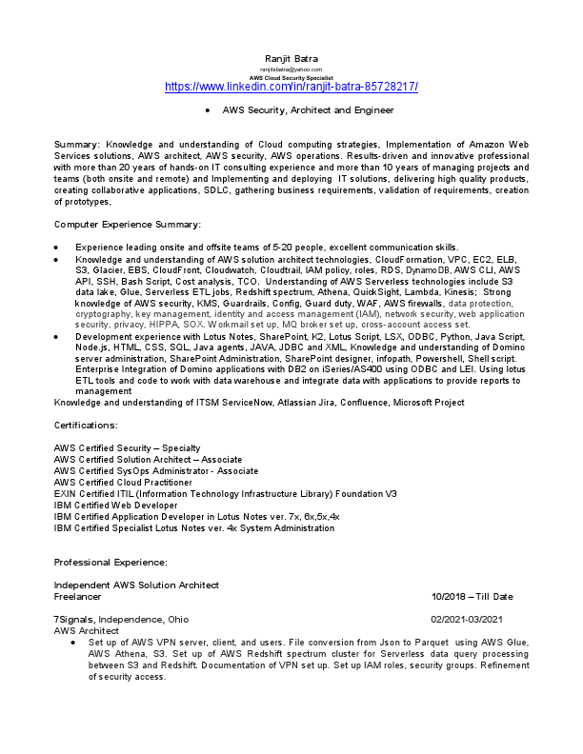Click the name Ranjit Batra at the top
pos(291,60)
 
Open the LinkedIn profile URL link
pos(291,87)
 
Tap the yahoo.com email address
pos(291,69)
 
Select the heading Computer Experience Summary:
pos(127,224)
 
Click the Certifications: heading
pos(86,425)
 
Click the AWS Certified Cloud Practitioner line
pos(123,481)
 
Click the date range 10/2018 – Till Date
pos(472,597)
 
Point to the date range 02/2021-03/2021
pos(472,620)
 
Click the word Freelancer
pos(77,597)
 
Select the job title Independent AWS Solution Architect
pos(136,585)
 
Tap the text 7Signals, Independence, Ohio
pos(121,620)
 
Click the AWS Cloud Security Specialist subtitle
pos(291,77)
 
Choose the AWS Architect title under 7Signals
pos(87,631)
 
